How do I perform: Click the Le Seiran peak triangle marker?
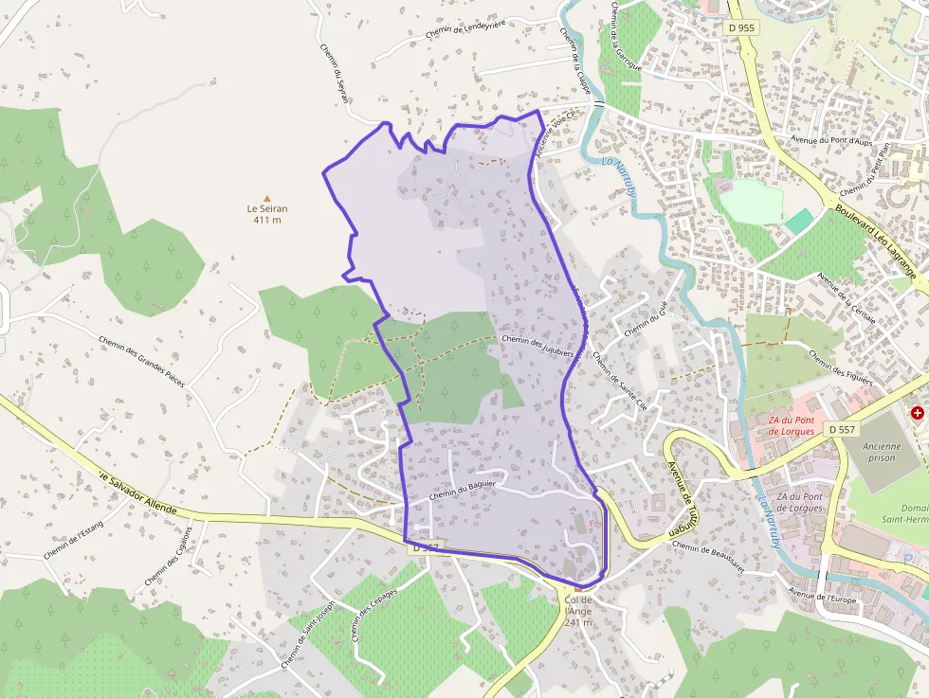tap(266, 197)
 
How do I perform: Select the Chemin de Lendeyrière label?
tap(465, 28)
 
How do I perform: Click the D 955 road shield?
tap(742, 28)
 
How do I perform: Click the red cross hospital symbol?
tap(918, 413)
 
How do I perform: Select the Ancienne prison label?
tap(882, 452)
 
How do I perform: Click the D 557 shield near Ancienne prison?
tap(841, 429)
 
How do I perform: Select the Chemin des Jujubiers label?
tap(537, 345)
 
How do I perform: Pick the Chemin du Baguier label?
tap(464, 488)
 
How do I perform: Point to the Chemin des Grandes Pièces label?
tap(141, 361)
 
